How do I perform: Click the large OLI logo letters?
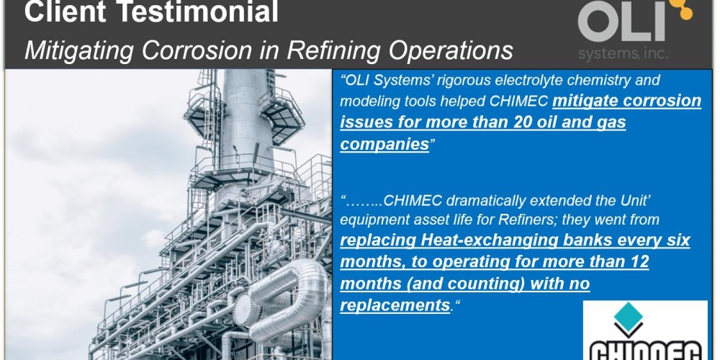[622, 22]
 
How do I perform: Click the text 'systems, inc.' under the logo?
[623, 55]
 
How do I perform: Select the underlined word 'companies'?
[384, 145]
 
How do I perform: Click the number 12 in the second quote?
[638, 262]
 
